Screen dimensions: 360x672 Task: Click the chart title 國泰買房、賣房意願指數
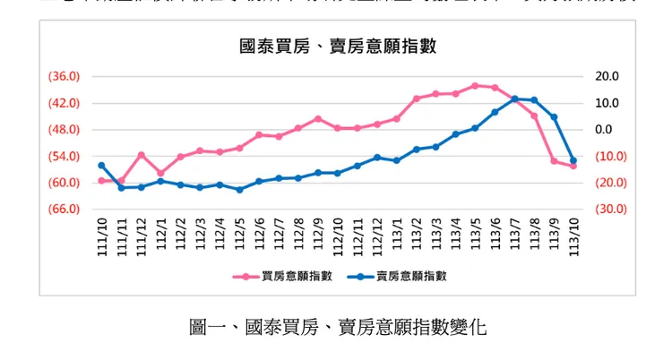pos(337,46)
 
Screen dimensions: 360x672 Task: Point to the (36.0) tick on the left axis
pos(64,77)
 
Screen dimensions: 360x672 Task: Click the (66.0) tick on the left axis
pos(64,210)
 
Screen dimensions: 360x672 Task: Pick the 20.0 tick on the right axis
pos(606,77)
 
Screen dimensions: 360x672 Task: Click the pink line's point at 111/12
pos(142,155)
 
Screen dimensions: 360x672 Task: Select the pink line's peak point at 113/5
pos(476,86)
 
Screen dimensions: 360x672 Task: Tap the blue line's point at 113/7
pos(514,99)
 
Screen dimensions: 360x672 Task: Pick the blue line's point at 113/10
pos(573,160)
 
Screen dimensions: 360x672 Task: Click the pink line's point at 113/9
pos(554,161)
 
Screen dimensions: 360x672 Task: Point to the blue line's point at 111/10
pos(102,166)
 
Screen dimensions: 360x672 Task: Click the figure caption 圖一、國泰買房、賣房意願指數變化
pos(338,327)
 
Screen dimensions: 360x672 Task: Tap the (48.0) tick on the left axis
pos(64,130)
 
